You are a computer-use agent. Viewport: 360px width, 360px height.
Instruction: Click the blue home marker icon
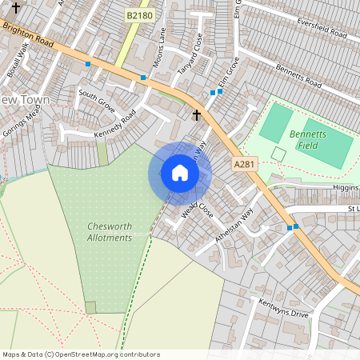(x=180, y=173)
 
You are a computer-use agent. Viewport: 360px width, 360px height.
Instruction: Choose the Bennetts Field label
(x=308, y=140)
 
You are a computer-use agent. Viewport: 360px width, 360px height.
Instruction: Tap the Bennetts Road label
(x=298, y=78)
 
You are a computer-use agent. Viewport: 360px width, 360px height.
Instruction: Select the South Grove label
(x=97, y=101)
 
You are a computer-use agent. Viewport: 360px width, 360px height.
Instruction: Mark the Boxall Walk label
(x=17, y=58)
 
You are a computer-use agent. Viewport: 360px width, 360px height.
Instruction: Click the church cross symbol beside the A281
(x=197, y=115)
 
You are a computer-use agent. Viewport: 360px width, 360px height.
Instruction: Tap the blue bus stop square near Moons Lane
(x=143, y=78)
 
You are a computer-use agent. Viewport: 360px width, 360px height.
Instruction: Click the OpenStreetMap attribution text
(x=82, y=354)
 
